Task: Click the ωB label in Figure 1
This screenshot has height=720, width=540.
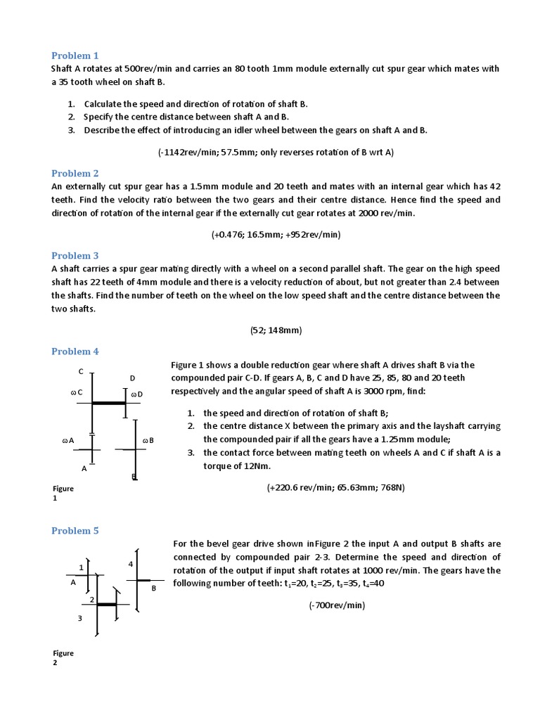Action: click(x=148, y=440)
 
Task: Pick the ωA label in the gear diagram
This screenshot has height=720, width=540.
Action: click(x=68, y=440)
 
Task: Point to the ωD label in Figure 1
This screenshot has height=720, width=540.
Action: click(x=137, y=394)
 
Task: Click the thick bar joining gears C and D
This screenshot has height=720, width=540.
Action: click(x=109, y=403)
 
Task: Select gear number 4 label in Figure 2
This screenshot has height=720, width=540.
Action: click(x=130, y=565)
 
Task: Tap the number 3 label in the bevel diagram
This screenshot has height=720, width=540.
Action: click(x=80, y=619)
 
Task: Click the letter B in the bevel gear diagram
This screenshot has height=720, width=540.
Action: click(x=153, y=588)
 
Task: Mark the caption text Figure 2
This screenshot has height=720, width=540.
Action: click(x=63, y=658)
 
